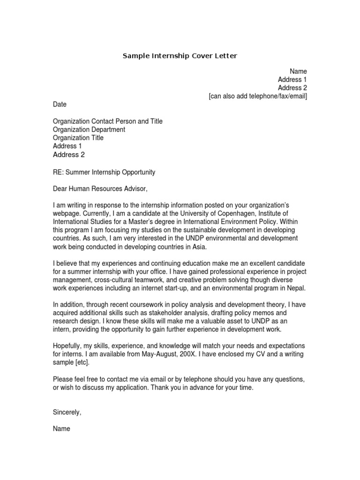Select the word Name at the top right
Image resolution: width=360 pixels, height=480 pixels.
click(x=298, y=71)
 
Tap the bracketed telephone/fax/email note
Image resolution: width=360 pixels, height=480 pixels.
click(x=258, y=97)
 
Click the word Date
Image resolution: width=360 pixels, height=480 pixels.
click(x=60, y=105)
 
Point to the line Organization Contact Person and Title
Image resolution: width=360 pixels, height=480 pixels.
click(x=108, y=121)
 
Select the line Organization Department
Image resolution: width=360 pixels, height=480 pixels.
click(x=89, y=130)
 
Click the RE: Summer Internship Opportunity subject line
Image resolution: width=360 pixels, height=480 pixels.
click(x=104, y=172)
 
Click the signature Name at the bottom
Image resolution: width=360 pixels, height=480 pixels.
click(x=61, y=428)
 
